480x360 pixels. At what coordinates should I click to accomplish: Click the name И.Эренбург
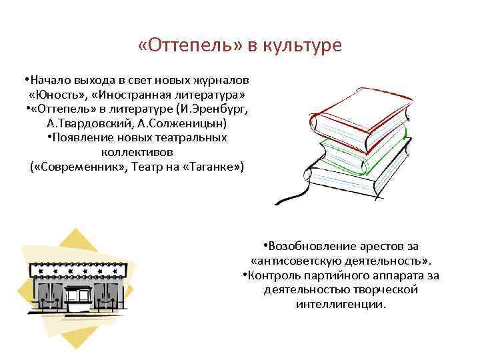(213, 109)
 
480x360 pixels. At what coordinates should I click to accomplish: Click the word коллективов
(137, 152)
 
